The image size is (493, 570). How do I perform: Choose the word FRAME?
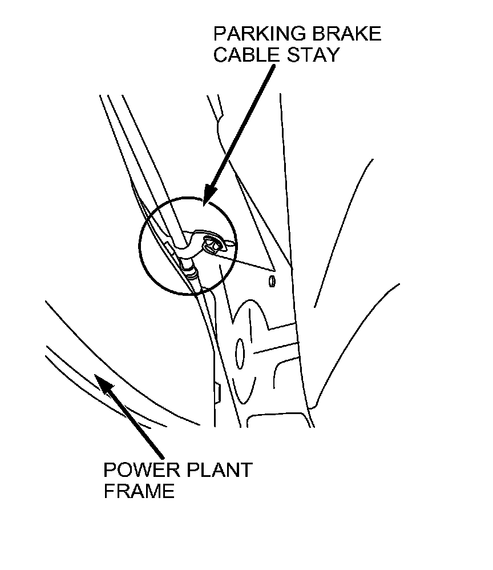139,491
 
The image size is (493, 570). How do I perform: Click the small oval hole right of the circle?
272,282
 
